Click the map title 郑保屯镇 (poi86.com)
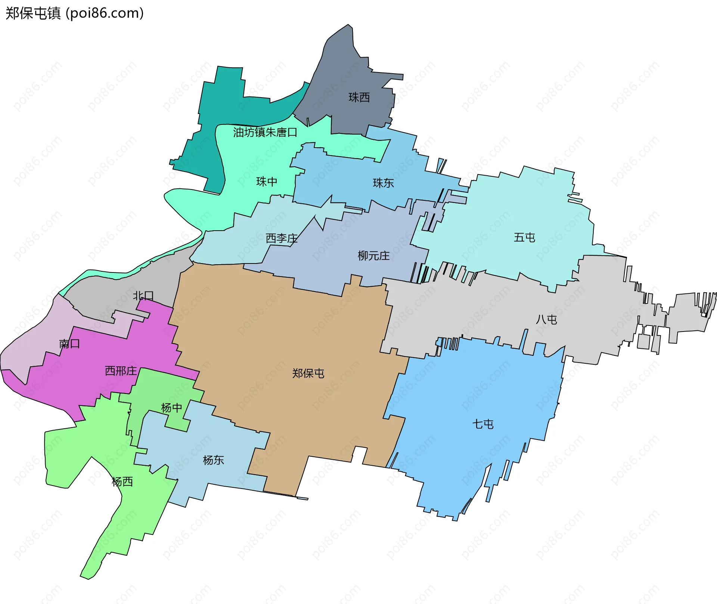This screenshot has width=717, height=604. point(75,13)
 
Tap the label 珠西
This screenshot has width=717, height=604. point(359,98)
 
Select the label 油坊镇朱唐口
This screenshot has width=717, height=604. point(265,132)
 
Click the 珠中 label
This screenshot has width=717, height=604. point(267,182)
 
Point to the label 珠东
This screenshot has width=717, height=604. point(383,183)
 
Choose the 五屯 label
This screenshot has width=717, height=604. point(524,237)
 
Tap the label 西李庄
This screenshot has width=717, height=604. point(282,238)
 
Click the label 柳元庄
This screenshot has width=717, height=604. point(373,256)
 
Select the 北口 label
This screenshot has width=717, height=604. point(143,296)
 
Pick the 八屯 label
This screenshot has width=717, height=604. point(546,320)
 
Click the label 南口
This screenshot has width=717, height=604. point(69,343)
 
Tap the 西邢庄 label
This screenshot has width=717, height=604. point(121,371)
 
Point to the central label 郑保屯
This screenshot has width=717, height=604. point(308,373)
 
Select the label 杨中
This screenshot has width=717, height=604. point(171,407)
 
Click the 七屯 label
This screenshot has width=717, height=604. point(483,424)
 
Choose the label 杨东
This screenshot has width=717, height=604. point(213,460)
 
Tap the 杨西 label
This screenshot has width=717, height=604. point(122,481)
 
